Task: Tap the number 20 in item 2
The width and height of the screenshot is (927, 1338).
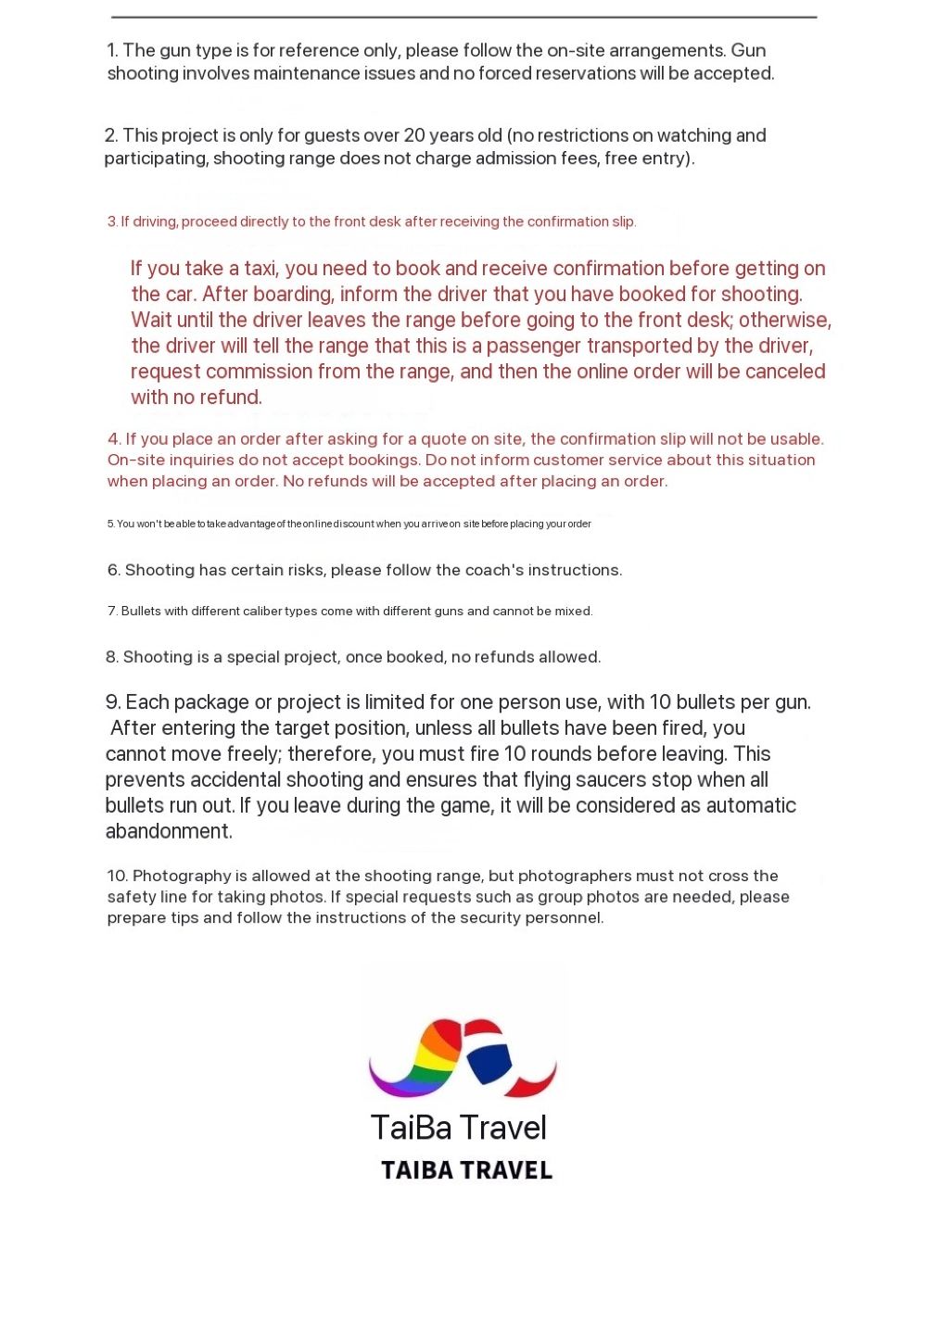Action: [414, 135]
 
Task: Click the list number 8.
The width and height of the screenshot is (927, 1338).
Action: [112, 657]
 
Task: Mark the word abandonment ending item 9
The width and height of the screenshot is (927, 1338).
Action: [168, 831]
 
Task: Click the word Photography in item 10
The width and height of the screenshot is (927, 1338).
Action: [182, 876]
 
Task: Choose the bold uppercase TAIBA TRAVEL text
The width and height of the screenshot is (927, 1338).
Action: [466, 1170]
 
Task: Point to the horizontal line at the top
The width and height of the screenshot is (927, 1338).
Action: [463, 17]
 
